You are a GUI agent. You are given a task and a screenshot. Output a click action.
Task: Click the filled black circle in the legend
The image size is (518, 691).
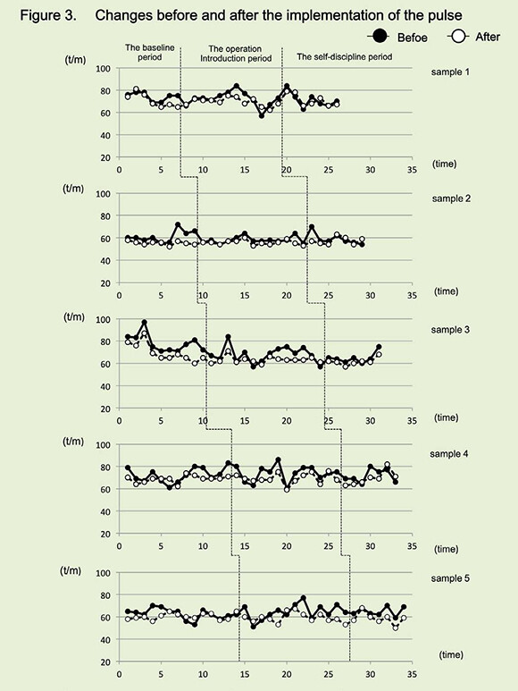[380, 36]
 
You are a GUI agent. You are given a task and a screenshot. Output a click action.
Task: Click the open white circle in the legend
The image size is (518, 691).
[458, 36]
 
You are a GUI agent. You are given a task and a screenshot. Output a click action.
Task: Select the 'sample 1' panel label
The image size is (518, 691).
[450, 72]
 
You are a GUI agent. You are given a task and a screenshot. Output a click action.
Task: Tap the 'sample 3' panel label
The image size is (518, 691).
[450, 330]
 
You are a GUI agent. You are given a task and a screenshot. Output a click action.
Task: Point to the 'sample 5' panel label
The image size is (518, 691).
[450, 578]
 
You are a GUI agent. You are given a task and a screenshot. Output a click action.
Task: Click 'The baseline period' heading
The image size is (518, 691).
[150, 52]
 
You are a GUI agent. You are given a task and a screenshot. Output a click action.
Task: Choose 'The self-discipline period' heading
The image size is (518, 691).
[344, 57]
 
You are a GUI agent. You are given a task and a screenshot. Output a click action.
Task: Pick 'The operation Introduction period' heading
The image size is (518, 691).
[236, 54]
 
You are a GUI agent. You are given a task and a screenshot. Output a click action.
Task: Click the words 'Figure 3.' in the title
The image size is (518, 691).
[48, 16]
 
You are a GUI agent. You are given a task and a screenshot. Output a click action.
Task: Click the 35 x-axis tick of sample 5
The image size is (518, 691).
[412, 674]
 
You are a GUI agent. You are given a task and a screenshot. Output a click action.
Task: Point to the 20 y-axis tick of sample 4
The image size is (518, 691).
[105, 534]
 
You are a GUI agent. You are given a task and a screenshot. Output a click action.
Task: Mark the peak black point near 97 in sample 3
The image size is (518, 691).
[145, 323]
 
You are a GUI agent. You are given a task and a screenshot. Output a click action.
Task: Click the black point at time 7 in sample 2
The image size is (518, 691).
[178, 224]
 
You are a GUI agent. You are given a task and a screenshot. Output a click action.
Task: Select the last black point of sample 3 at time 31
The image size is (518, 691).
[379, 347]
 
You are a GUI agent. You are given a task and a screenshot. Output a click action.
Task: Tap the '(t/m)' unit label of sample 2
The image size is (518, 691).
[73, 189]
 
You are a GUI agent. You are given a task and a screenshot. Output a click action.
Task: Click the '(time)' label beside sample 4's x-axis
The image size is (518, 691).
[447, 549]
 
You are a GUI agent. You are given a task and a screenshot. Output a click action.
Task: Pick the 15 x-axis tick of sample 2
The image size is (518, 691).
[245, 295]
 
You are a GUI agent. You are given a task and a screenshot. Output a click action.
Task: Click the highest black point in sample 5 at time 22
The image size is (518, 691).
[304, 598]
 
